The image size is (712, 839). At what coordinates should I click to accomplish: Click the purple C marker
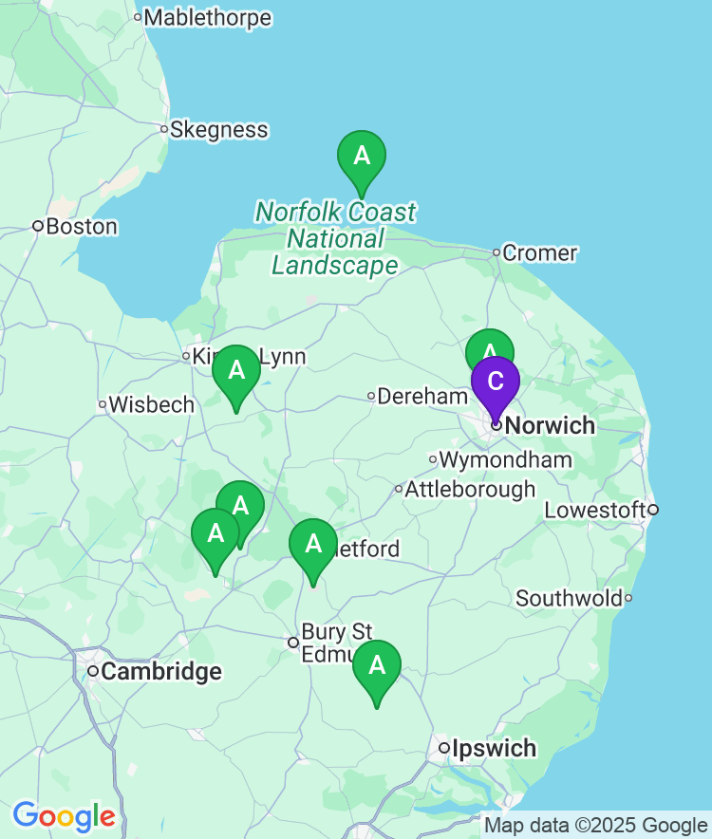[496, 382]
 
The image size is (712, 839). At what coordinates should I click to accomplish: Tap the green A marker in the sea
[362, 156]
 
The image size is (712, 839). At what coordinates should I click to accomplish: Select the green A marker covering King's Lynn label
[236, 370]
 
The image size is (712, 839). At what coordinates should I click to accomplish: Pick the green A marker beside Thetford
[313, 545]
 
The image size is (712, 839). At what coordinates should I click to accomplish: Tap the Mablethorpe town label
[207, 17]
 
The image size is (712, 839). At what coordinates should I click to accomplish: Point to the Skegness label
[218, 130]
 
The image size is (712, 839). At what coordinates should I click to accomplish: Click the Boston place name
[82, 227]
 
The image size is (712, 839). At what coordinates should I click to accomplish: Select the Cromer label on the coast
[539, 252]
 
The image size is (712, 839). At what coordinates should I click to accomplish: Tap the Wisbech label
[151, 404]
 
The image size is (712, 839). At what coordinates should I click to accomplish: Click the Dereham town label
[423, 396]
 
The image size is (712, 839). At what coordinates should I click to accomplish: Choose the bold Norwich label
[551, 425]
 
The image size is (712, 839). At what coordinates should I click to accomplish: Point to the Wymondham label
[505, 460]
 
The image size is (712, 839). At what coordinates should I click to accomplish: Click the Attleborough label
[470, 490]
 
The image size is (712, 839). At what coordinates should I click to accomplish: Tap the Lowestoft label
[595, 511]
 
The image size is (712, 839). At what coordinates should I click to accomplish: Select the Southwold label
[570, 598]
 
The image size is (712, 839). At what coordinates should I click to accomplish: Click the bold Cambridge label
[160, 672]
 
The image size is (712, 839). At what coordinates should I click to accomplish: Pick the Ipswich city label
[494, 749]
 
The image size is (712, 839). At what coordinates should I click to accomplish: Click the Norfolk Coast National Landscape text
[335, 238]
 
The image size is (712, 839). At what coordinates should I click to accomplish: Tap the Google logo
[65, 816]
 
